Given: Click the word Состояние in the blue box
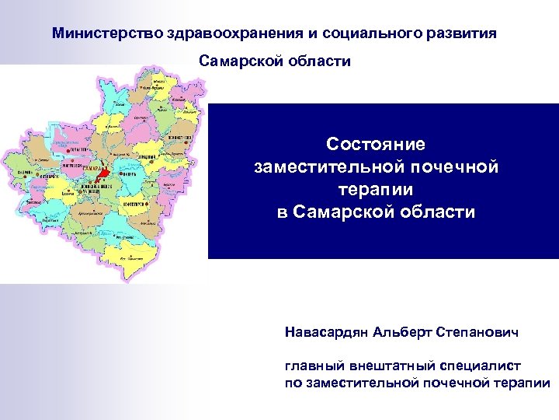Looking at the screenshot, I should tap(376, 145).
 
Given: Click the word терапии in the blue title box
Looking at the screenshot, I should tap(376, 189).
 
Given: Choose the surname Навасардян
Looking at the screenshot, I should tap(327, 332).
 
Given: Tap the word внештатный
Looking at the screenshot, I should tap(377, 365).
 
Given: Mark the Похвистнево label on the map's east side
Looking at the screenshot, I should tap(179, 138).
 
